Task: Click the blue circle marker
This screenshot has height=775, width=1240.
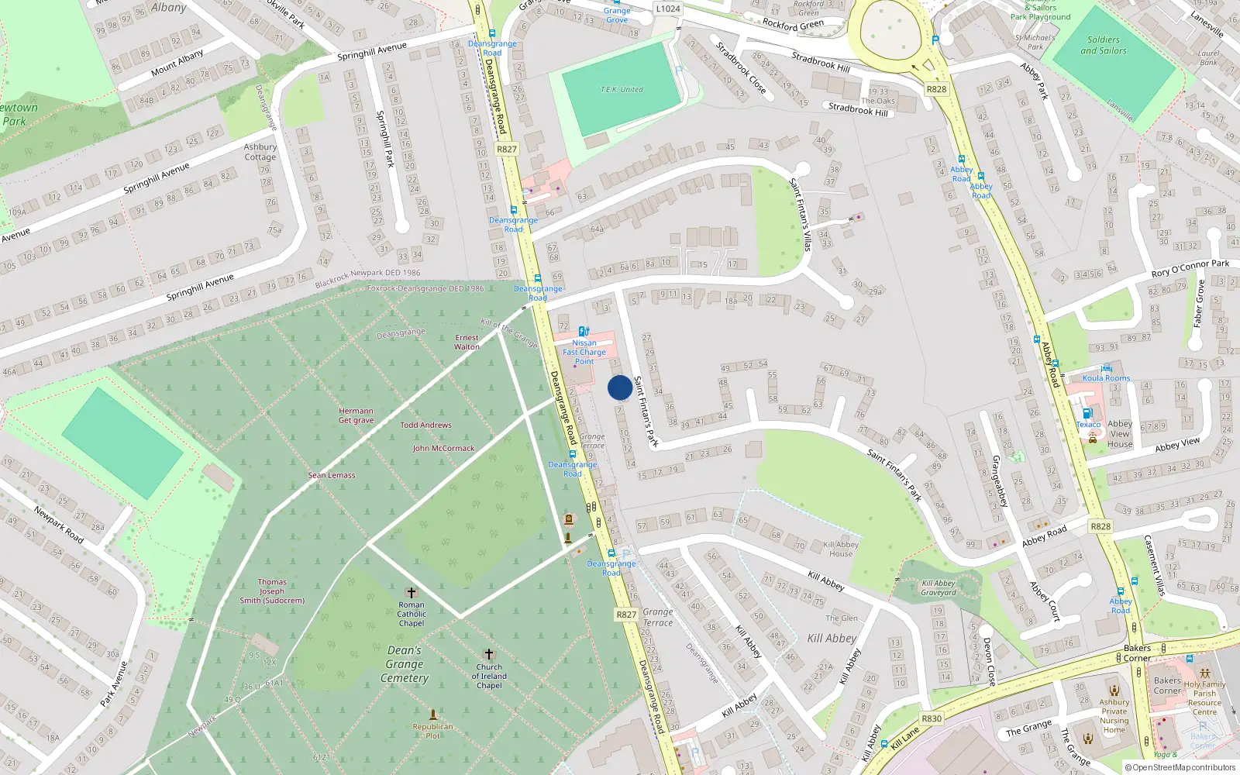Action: [x=619, y=387]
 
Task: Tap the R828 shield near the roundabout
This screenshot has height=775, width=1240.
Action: [x=936, y=89]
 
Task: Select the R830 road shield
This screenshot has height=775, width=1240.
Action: [x=932, y=718]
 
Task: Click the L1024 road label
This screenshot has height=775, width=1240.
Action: [x=667, y=9]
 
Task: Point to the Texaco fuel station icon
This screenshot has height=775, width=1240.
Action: [x=1087, y=414]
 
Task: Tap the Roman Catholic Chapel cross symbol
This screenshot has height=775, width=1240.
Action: [x=412, y=593]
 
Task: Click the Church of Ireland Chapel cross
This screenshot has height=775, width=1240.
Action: [x=488, y=655]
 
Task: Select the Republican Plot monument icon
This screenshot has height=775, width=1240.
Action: [x=433, y=715]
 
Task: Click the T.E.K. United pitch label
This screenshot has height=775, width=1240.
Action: [x=622, y=89]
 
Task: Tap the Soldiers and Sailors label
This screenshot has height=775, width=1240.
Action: [x=1103, y=45]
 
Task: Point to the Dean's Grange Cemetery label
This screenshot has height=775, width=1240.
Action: [x=405, y=664]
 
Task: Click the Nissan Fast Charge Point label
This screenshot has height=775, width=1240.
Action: [x=584, y=352]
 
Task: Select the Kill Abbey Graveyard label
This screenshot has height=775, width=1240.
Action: [x=939, y=587]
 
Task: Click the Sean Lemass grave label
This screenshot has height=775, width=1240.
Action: [x=332, y=475]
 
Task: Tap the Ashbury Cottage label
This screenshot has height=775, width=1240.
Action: [x=260, y=151]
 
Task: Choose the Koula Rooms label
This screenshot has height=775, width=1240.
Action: [x=1106, y=378]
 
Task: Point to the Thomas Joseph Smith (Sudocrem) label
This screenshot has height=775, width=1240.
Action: [x=272, y=591]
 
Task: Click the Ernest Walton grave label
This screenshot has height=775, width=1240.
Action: [x=467, y=342]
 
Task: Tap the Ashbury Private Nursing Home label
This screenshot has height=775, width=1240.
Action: [x=1114, y=715]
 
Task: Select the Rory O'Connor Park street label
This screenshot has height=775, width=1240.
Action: [x=1190, y=268]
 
